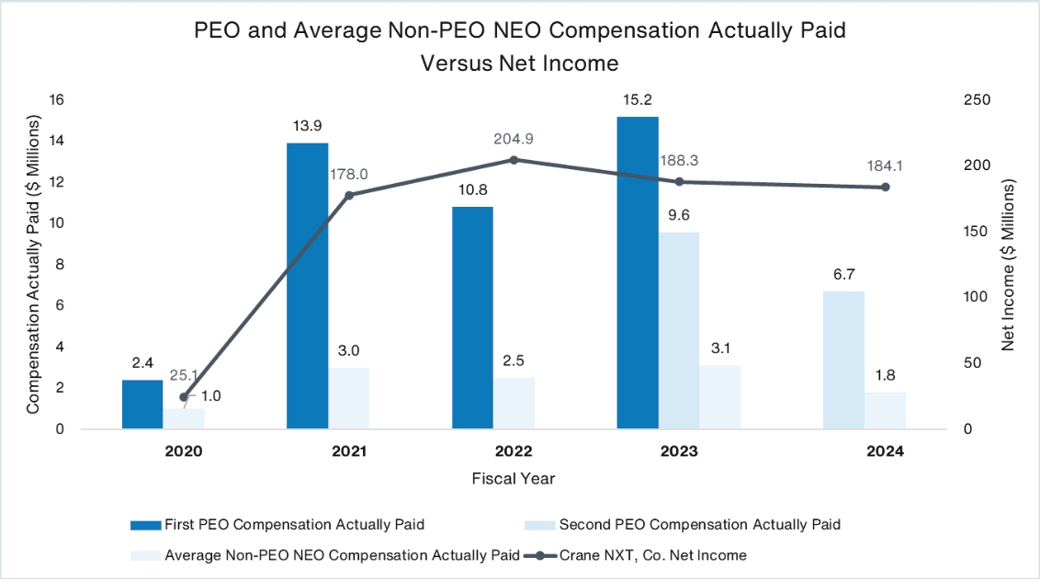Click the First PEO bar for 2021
coord(308,286)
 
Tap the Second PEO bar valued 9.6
coord(679,330)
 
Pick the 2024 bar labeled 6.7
coord(843,359)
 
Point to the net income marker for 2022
coord(514,160)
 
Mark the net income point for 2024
coord(886,188)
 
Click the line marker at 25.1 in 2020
coord(184,397)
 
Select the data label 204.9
coord(514,139)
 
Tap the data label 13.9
coord(308,125)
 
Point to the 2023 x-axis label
coord(679,452)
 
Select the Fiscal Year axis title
coord(513,479)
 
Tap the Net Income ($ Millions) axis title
coord(1008,266)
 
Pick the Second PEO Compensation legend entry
coord(699,525)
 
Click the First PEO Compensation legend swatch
coord(144,525)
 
